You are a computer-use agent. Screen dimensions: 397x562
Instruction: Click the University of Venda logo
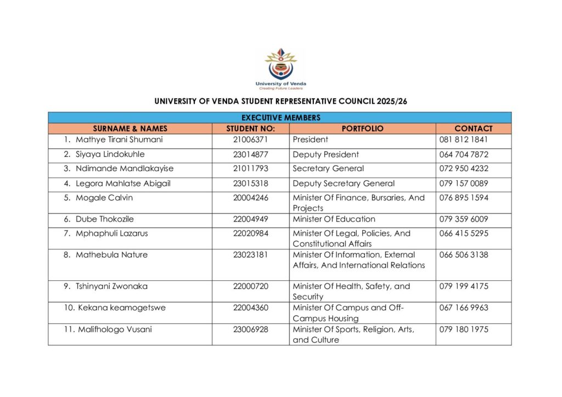pyautogui.click(x=280, y=68)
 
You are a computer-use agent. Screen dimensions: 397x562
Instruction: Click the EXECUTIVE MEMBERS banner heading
pyautogui.click(x=280, y=117)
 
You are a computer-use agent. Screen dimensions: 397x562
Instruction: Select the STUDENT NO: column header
pyautogui.click(x=250, y=128)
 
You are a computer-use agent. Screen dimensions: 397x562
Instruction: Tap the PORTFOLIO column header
pyautogui.click(x=362, y=128)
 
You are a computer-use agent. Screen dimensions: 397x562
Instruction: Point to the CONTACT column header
pyautogui.click(x=473, y=128)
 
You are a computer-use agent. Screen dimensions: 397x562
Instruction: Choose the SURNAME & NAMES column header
pyautogui.click(x=130, y=128)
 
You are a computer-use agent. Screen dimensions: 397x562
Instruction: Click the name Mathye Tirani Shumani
pyautogui.click(x=119, y=140)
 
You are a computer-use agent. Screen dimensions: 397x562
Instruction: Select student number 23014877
pyautogui.click(x=250, y=155)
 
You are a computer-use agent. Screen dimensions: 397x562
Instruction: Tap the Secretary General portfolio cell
pyautogui.click(x=328, y=169)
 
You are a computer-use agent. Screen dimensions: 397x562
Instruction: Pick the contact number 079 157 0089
pyautogui.click(x=464, y=184)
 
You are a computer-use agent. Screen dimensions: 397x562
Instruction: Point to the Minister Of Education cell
pyautogui.click(x=334, y=219)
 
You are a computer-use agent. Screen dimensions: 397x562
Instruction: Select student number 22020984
pyautogui.click(x=250, y=234)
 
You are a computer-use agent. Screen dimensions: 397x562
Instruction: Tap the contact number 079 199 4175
pyautogui.click(x=464, y=286)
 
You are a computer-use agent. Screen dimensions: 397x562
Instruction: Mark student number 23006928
pyautogui.click(x=250, y=330)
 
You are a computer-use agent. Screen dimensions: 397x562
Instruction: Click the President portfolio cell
pyautogui.click(x=310, y=140)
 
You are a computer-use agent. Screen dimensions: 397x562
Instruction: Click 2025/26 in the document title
pyautogui.click(x=391, y=101)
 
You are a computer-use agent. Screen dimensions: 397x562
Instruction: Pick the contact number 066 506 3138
pyautogui.click(x=464, y=255)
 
